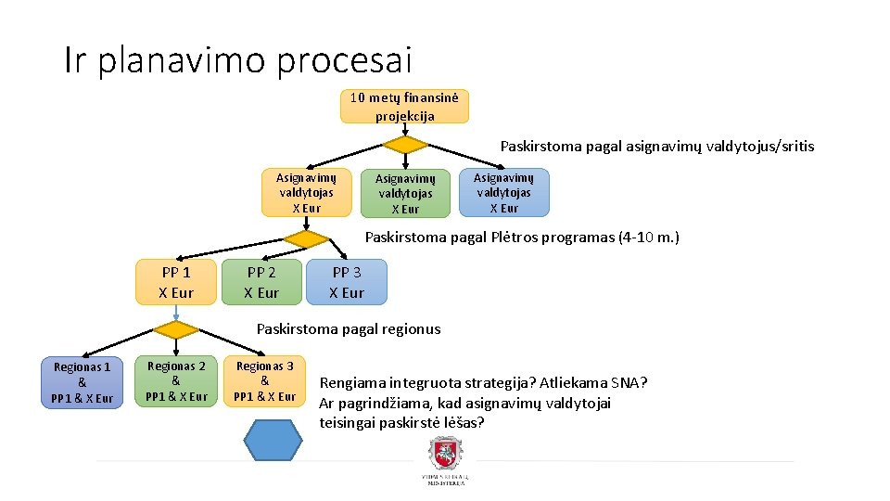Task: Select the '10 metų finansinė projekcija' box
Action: coord(404,107)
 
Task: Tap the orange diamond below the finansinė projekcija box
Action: coord(405,145)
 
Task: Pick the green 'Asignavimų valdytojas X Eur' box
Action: coord(405,193)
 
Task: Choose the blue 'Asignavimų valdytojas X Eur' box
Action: coord(503,192)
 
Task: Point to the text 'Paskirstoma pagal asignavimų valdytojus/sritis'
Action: coord(657,146)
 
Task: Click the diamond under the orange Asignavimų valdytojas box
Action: coord(306,238)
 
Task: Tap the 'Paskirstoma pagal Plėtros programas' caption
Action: coord(522,237)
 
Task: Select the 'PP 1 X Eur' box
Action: coord(176,282)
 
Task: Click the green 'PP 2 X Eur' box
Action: coord(261,282)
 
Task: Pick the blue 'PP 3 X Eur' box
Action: coord(347,282)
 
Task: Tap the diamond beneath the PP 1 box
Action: coord(176,329)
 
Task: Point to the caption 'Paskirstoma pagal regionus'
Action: coord(349,328)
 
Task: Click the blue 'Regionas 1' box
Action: coord(82,382)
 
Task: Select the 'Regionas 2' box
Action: coord(176,381)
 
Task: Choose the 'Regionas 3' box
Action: coord(264,381)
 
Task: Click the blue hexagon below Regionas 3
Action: coord(273,440)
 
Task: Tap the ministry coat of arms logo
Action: coord(445,456)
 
